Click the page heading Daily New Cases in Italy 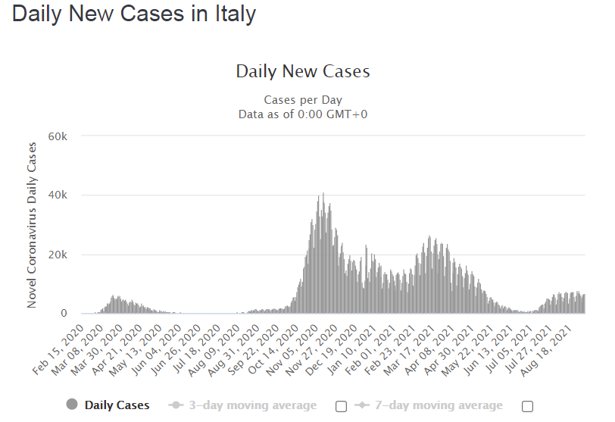click(x=134, y=14)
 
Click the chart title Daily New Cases click(x=303, y=72)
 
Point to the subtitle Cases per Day click(x=303, y=100)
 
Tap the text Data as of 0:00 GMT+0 click(x=303, y=114)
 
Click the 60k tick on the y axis click(x=58, y=136)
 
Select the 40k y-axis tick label click(x=58, y=195)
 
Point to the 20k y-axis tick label click(x=58, y=255)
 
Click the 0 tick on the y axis click(x=64, y=313)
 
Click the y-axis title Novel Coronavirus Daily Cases click(x=32, y=224)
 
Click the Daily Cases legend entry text click(x=117, y=405)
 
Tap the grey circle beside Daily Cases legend click(x=73, y=405)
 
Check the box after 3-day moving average click(x=341, y=406)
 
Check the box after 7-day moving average click(x=527, y=406)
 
